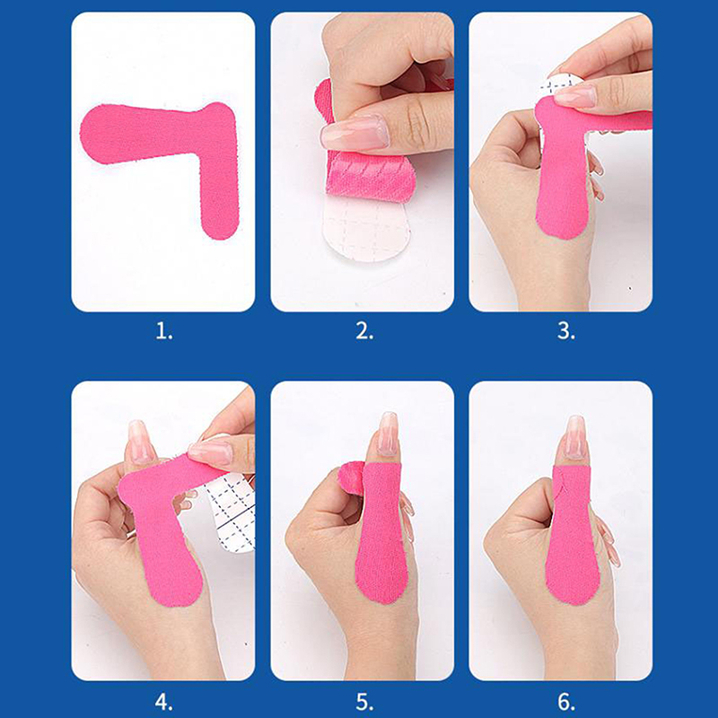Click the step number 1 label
pyautogui.click(x=164, y=331)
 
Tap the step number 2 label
pyautogui.click(x=364, y=331)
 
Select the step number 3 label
pyautogui.click(x=566, y=331)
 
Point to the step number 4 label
pyautogui.click(x=164, y=702)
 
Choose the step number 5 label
pyautogui.click(x=364, y=702)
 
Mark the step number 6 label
pyautogui.click(x=566, y=702)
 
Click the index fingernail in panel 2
pyautogui.click(x=355, y=133)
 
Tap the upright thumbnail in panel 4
pyautogui.click(x=139, y=441)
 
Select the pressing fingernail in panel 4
pyautogui.click(x=211, y=452)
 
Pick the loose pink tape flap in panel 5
pyautogui.click(x=349, y=477)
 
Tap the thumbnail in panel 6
pyautogui.click(x=575, y=436)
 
